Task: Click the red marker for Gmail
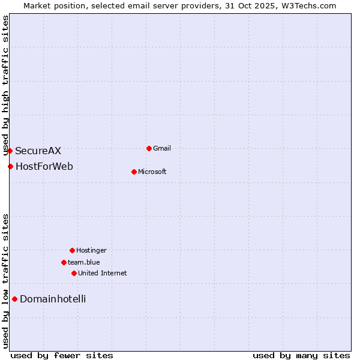[149, 148]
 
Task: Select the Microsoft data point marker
[134, 172]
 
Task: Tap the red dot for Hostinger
[72, 250]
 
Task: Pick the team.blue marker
[64, 262]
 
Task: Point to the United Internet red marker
[74, 273]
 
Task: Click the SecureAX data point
[10, 151]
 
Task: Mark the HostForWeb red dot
[10, 166]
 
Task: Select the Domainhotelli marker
[14, 299]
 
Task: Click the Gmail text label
[162, 148]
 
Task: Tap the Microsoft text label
[152, 172]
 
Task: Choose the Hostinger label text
[91, 250]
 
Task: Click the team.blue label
[84, 262]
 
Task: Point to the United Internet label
[103, 273]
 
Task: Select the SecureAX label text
[38, 151]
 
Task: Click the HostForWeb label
[44, 166]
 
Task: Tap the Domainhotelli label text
[53, 299]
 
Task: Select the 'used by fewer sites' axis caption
[62, 355]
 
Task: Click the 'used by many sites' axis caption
[301, 355]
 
